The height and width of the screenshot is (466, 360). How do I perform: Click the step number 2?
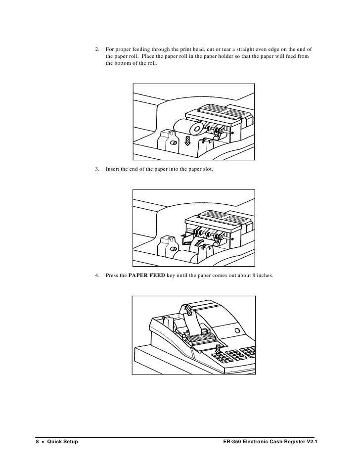click(97, 49)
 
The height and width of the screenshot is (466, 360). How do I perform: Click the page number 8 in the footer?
click(37, 441)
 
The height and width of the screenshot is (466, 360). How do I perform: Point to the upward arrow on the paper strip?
click(188, 308)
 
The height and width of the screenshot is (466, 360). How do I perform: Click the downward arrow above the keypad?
click(218, 349)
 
